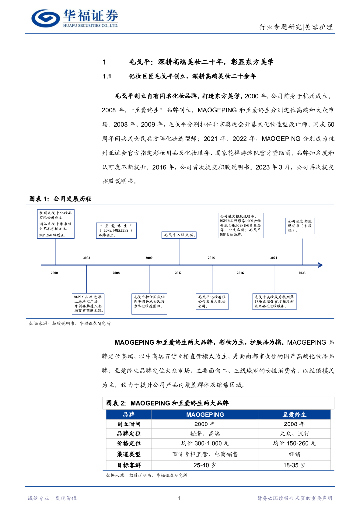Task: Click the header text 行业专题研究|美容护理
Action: point(296,27)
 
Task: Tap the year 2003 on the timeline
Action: point(87,258)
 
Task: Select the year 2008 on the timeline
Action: point(116,273)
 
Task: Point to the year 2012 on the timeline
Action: point(178,273)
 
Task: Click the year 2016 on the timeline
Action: point(240,273)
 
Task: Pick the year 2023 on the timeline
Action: point(302,273)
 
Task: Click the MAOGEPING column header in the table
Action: point(205,414)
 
